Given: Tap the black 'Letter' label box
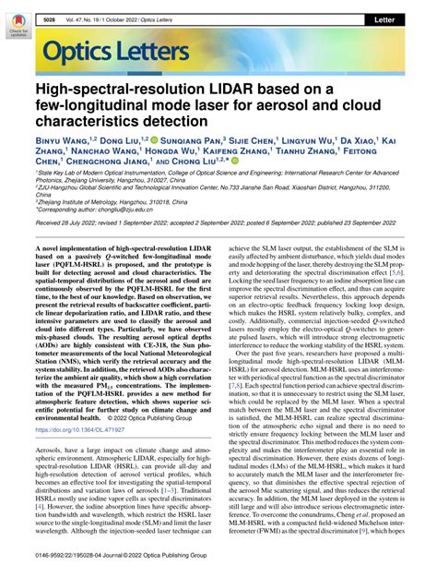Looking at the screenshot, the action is [404, 18].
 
